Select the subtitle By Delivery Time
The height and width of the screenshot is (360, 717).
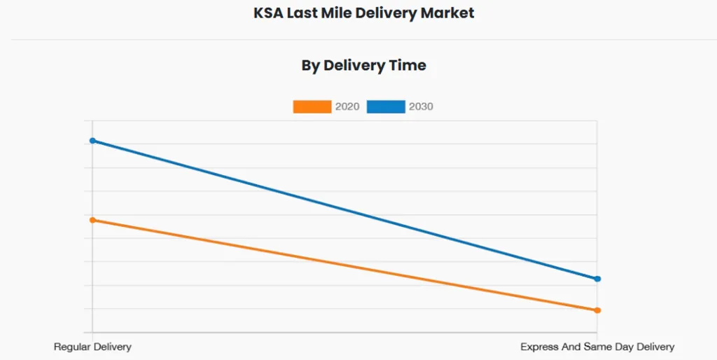(x=363, y=65)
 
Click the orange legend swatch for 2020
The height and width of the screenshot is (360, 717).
(x=312, y=106)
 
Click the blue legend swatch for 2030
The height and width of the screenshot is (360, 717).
(x=386, y=106)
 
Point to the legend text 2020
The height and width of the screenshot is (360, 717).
(x=347, y=106)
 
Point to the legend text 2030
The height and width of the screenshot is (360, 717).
(x=421, y=106)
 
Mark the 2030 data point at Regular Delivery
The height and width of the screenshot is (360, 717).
(x=92, y=141)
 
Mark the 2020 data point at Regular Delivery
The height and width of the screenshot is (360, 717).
(x=92, y=220)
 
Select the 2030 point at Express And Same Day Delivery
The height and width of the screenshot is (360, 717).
(x=597, y=279)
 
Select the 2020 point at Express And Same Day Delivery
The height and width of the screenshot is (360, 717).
(x=597, y=310)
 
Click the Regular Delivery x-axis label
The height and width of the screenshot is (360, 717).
(x=92, y=347)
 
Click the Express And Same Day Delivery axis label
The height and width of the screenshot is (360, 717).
(x=597, y=347)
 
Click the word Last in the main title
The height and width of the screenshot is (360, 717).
(x=303, y=13)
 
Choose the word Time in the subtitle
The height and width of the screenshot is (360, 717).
(x=408, y=65)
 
